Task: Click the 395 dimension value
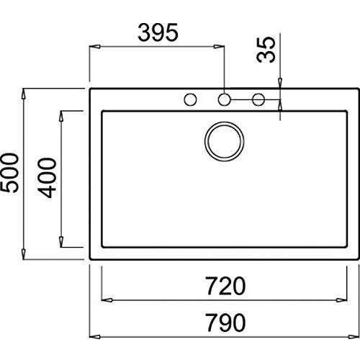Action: (158, 32)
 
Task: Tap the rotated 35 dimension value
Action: (266, 50)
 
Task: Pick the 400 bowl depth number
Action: (47, 178)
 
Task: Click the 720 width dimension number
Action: (226, 286)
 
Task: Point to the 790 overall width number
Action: (226, 323)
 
